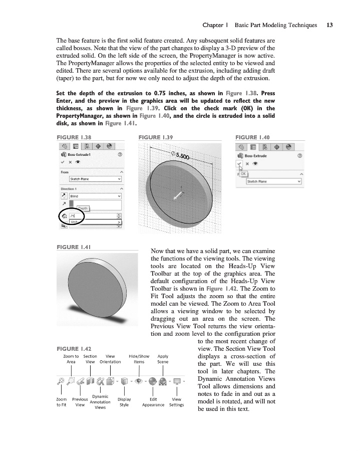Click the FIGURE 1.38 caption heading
click(x=74, y=137)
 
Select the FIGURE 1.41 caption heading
click(x=74, y=247)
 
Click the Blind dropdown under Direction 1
click(x=95, y=196)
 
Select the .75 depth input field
click(x=94, y=216)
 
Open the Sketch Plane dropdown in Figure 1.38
click(x=95, y=179)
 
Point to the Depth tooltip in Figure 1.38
click(x=83, y=208)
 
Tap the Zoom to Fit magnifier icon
click(x=61, y=380)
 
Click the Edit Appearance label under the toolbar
click(x=153, y=402)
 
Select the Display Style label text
click(x=124, y=402)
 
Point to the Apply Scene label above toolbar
click(x=163, y=359)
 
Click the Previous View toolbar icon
click(x=81, y=380)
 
